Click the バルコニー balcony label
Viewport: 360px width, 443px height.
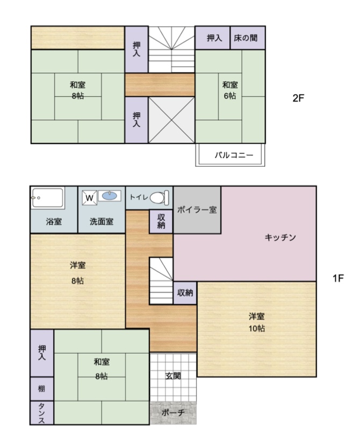click(234, 155)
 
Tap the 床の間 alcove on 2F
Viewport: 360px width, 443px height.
click(248, 38)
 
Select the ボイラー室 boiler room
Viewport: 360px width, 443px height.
click(197, 210)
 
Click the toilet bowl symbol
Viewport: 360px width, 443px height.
click(159, 197)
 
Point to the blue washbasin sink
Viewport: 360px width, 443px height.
click(109, 196)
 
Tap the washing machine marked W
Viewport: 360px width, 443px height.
click(90, 198)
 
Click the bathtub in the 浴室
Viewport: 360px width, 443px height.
click(47, 198)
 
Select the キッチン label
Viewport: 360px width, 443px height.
click(280, 237)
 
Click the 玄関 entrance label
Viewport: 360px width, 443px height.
click(173, 376)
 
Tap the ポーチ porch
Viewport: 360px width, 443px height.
click(173, 413)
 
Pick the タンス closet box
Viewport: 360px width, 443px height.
click(42, 413)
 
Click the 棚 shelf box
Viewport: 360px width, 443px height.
click(42, 389)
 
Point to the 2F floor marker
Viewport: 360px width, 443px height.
click(298, 98)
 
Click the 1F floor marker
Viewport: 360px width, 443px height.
click(338, 278)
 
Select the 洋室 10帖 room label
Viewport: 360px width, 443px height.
click(257, 323)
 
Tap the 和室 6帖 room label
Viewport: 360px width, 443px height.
click(230, 90)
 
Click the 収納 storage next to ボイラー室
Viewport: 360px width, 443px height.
click(161, 222)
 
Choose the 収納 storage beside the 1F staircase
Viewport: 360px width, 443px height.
click(185, 293)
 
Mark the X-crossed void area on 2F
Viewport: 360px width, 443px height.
click(171, 120)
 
